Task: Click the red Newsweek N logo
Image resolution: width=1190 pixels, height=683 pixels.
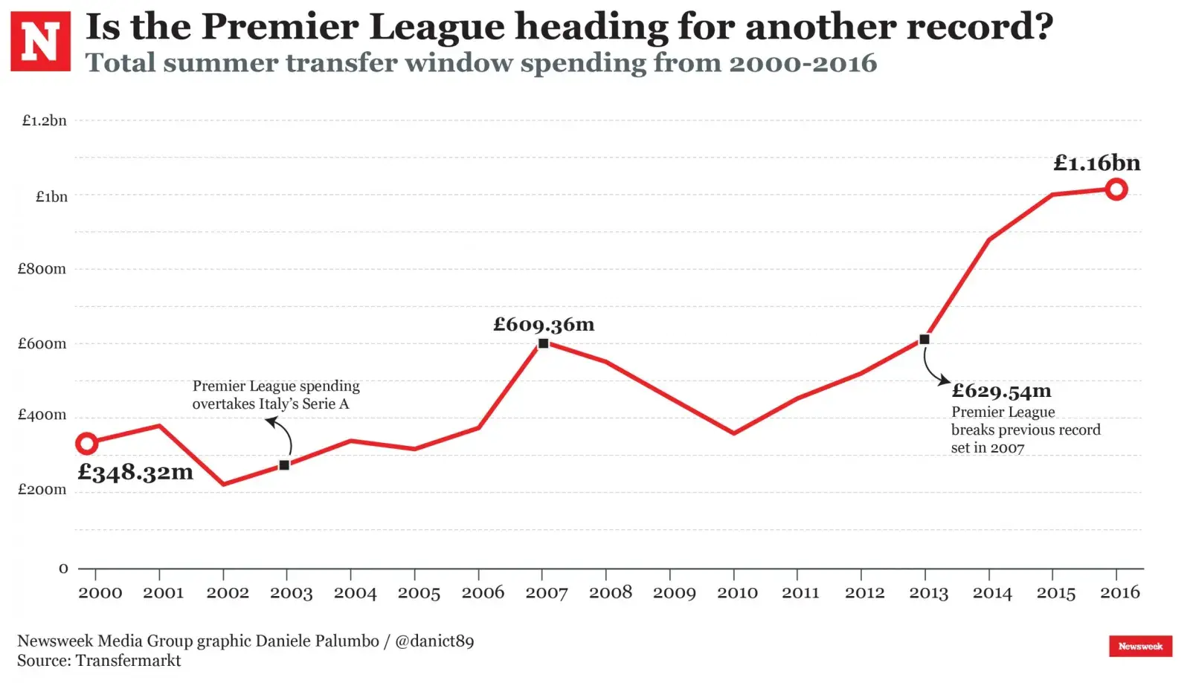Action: [x=40, y=41]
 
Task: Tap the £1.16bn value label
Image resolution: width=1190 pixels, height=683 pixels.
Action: [x=1096, y=163]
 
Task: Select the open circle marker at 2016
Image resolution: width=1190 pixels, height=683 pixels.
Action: [x=1116, y=190]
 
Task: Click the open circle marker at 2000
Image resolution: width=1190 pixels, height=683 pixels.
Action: [x=87, y=444]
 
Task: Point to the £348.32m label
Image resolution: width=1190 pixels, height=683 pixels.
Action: [x=135, y=472]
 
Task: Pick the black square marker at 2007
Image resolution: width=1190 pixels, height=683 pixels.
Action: [x=543, y=343]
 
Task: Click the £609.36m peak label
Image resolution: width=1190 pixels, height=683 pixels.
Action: [x=544, y=324]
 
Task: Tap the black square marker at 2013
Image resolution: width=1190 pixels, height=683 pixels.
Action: [x=924, y=340]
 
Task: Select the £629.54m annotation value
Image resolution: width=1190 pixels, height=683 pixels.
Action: [x=1001, y=391]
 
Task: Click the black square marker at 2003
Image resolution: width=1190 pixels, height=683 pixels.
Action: [x=284, y=465]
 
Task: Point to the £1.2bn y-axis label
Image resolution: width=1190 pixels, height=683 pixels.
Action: [x=44, y=120]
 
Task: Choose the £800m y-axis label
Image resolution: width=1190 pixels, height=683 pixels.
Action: [x=42, y=269]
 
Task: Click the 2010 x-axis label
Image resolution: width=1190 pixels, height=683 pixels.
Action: [x=737, y=592]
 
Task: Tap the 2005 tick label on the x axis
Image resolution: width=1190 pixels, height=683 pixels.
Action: [x=419, y=592]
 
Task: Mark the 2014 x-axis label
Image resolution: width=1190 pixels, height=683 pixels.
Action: [x=992, y=592]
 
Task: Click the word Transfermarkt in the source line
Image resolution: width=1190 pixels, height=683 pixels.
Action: [x=128, y=661]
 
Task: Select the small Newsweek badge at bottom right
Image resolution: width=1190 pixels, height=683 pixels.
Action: [x=1140, y=646]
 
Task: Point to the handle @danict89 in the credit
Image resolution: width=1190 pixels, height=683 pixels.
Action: [x=434, y=641]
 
